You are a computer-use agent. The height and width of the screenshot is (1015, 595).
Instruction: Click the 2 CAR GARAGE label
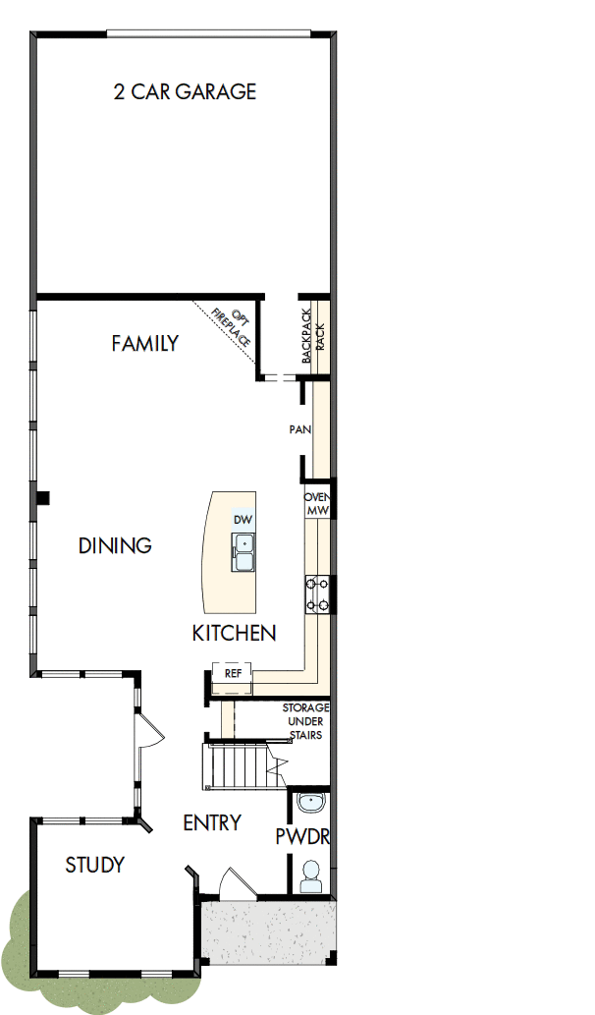(x=186, y=92)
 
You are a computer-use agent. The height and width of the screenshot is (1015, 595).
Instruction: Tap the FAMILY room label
(x=144, y=344)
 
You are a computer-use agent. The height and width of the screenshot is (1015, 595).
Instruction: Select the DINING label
(x=115, y=545)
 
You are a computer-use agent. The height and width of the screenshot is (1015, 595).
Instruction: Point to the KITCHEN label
(x=234, y=634)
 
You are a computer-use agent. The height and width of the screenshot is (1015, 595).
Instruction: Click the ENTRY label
(x=212, y=823)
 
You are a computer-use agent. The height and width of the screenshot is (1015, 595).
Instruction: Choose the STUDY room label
(x=94, y=866)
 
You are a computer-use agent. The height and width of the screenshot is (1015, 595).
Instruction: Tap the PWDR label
(x=301, y=837)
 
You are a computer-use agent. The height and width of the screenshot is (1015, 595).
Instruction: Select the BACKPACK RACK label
(x=313, y=334)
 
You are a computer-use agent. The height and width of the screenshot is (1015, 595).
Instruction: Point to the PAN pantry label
(x=299, y=429)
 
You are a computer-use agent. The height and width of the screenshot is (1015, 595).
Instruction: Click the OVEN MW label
(x=317, y=504)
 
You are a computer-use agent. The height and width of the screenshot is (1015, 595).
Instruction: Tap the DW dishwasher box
(x=242, y=519)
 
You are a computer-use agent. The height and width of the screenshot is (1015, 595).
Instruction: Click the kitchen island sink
(x=242, y=552)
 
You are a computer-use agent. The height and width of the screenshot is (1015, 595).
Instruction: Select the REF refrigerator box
(x=233, y=674)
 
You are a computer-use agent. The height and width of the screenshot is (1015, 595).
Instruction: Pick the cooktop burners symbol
(x=317, y=594)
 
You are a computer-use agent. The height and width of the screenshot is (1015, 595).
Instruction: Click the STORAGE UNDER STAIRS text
(x=305, y=720)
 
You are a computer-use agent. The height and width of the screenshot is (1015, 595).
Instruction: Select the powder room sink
(x=312, y=802)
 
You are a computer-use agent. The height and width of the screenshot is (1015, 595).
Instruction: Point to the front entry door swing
(x=232, y=881)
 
